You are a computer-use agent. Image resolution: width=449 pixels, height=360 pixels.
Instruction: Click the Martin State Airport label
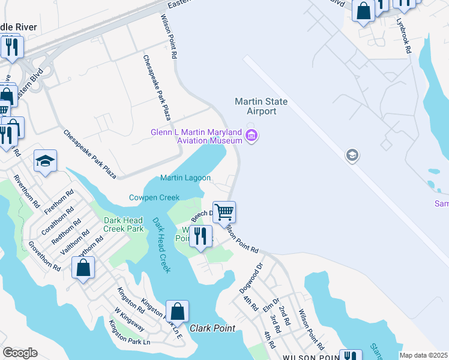point(261,106)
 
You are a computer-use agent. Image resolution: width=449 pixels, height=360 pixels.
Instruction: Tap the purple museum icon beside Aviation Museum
point(252,136)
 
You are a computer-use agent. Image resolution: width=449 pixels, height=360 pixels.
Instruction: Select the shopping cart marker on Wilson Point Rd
point(224,212)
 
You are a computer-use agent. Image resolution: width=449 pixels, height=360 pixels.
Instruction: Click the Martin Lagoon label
point(185,178)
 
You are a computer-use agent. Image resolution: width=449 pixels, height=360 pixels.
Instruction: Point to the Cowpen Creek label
point(154,197)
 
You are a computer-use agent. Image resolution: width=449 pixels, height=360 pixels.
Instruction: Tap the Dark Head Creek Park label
point(124,224)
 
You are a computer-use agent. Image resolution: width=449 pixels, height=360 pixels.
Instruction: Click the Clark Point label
point(212,328)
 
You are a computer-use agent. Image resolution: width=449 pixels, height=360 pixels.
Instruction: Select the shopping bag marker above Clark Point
point(177,311)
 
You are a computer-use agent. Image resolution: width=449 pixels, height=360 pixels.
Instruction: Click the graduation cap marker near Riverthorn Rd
point(45,161)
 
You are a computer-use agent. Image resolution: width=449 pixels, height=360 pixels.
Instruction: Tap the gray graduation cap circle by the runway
point(352,156)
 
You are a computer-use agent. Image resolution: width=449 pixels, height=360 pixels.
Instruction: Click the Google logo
point(20,353)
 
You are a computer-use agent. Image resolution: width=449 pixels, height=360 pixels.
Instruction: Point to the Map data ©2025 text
point(423,355)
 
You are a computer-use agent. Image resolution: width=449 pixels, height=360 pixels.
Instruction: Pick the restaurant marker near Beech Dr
point(200,235)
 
